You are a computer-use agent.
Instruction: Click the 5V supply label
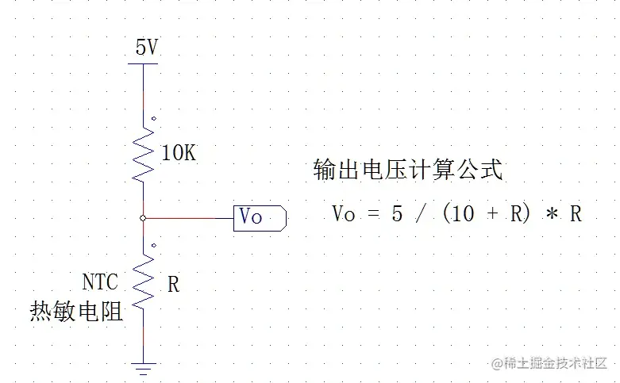click(147, 48)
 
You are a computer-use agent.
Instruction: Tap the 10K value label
click(178, 153)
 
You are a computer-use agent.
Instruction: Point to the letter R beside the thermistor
click(173, 285)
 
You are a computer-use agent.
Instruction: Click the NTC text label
click(100, 282)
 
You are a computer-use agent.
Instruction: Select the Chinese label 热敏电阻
click(77, 311)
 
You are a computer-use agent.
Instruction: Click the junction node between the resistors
click(144, 217)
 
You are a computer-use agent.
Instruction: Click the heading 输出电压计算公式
click(408, 170)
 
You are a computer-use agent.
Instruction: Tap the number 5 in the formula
click(397, 213)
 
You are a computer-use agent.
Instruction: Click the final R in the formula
click(576, 213)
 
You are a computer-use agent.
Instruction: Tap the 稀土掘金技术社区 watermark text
click(556, 363)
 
